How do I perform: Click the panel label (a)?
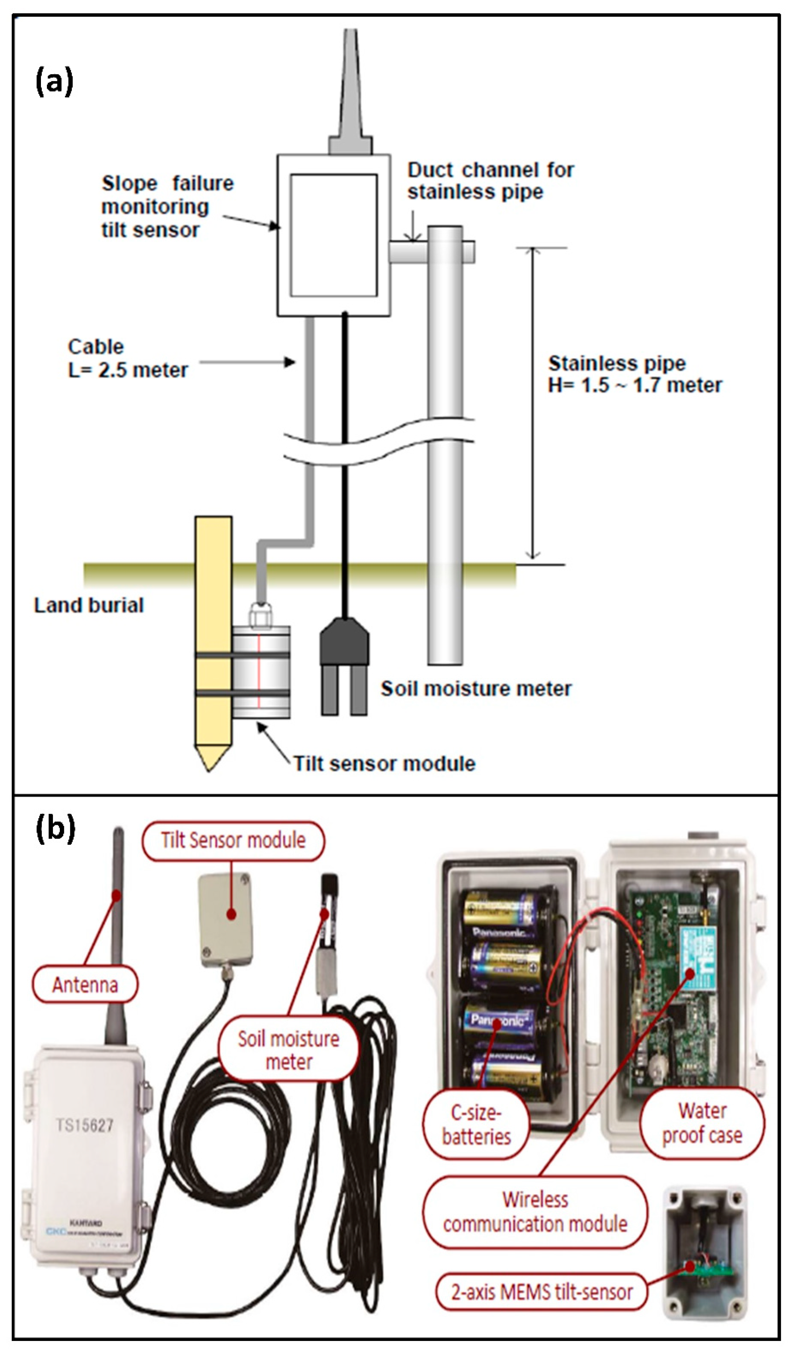pyautogui.click(x=54, y=82)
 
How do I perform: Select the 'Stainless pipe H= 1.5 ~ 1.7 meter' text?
pyautogui.click(x=634, y=374)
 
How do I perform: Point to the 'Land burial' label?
pyautogui.click(x=89, y=605)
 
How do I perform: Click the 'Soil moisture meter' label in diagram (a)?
pyautogui.click(x=476, y=689)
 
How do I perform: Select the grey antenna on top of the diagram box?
pyautogui.click(x=350, y=92)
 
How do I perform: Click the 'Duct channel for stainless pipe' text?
pyautogui.click(x=490, y=181)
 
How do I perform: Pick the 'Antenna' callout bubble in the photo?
pyautogui.click(x=85, y=985)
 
